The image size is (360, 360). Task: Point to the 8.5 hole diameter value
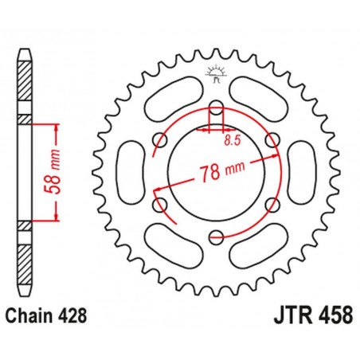(x=233, y=139)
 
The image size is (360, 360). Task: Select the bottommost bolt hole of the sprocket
(x=217, y=234)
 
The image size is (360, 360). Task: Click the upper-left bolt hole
(x=162, y=141)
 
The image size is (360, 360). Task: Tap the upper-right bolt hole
(x=271, y=141)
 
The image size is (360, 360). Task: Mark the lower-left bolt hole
(x=162, y=203)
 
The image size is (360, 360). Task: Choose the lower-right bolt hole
(x=271, y=203)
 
